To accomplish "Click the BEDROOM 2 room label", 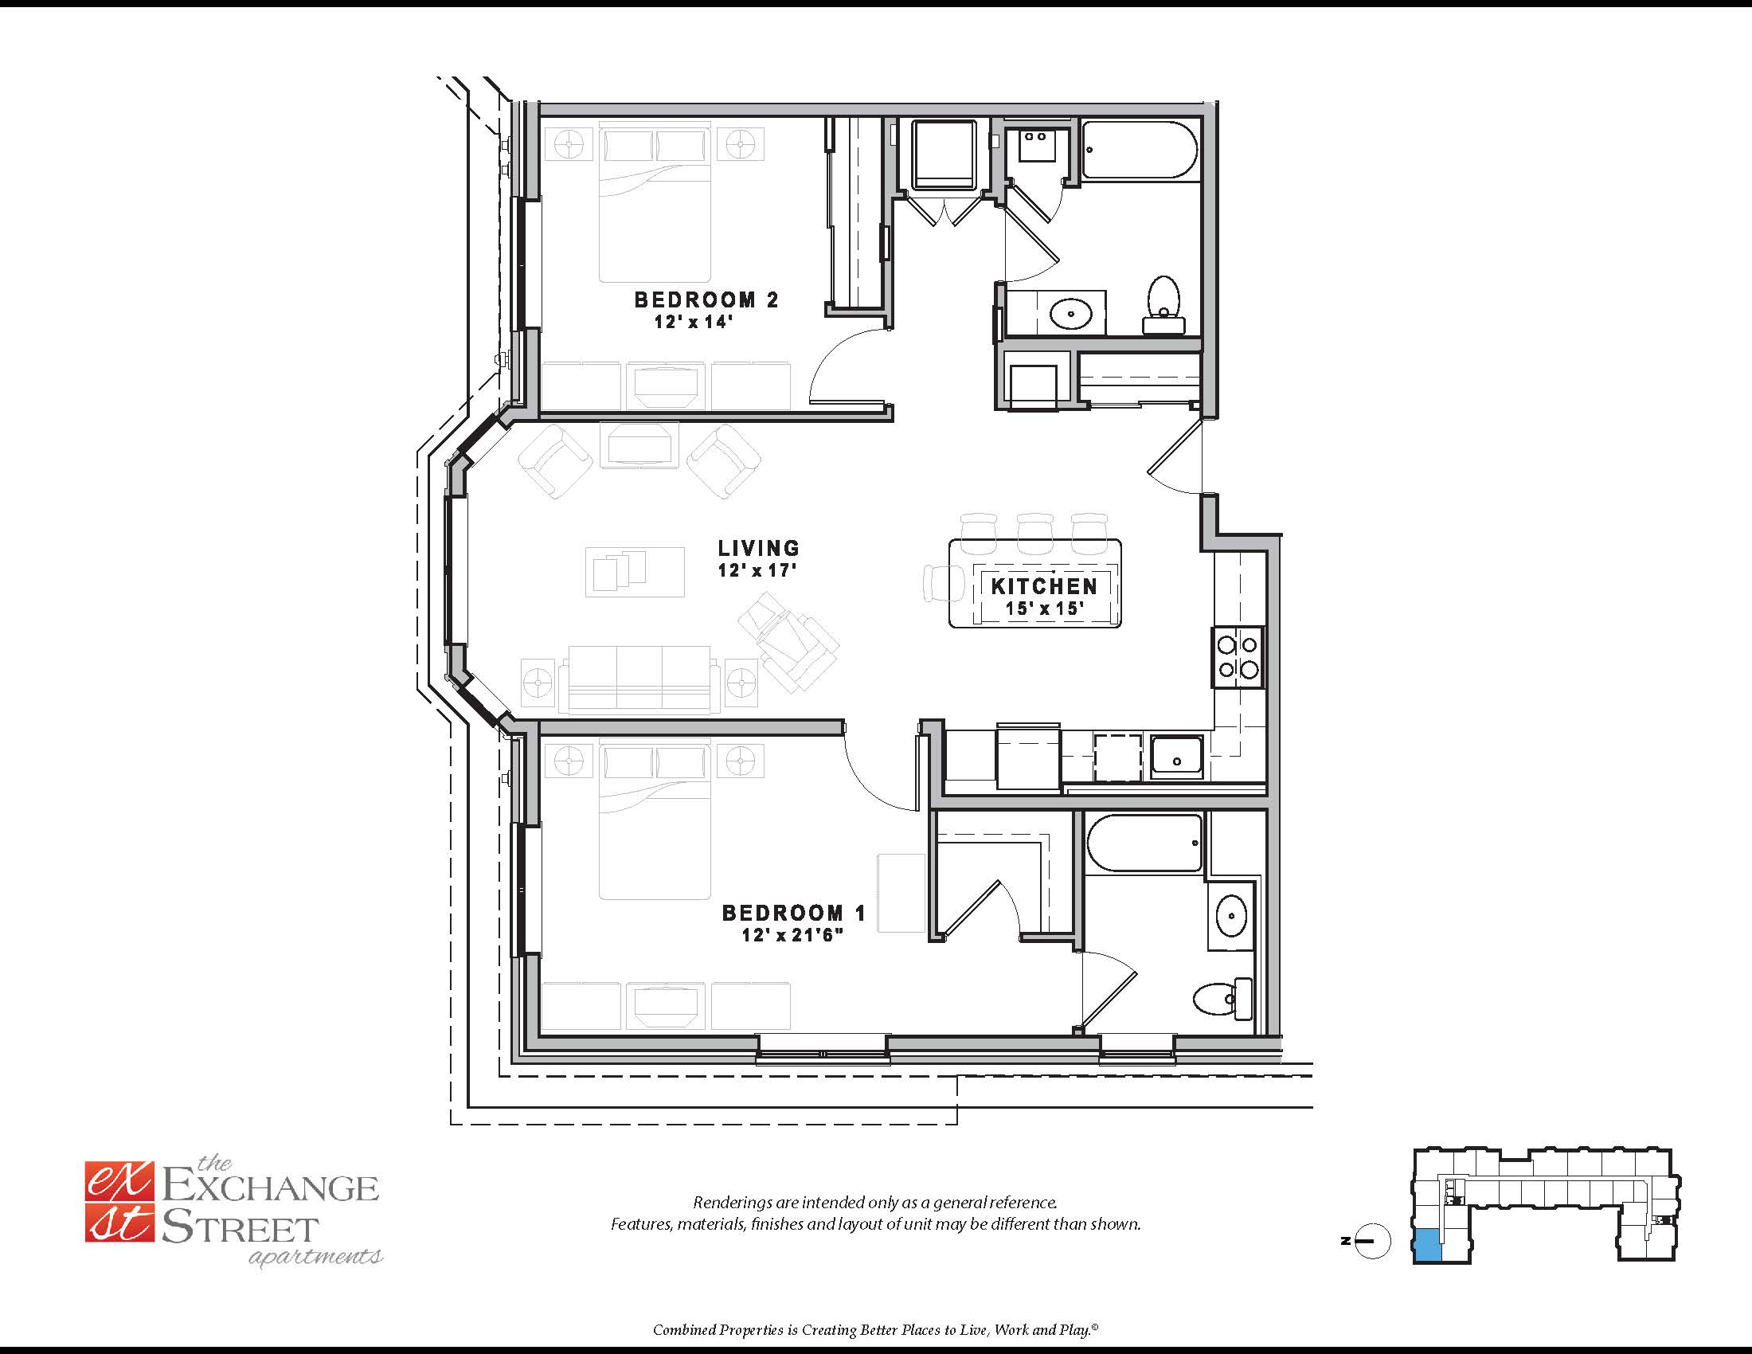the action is pyautogui.click(x=706, y=300).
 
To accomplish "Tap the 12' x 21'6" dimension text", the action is pyautogui.click(x=792, y=934).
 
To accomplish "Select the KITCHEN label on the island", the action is pyautogui.click(x=1044, y=586).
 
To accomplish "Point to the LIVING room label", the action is pyautogui.click(x=759, y=548).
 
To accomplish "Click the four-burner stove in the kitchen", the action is pyautogui.click(x=1237, y=658).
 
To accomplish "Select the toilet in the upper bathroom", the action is pyautogui.click(x=1163, y=305).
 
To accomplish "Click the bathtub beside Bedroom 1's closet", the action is pyautogui.click(x=1144, y=843).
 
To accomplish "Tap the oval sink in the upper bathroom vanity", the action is pyautogui.click(x=1070, y=313).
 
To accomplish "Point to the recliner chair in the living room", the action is pyautogui.click(x=788, y=642).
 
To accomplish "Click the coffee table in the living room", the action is pyautogui.click(x=635, y=572).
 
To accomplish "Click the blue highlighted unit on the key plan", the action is pyautogui.click(x=1427, y=1245).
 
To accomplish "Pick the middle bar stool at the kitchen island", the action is pyautogui.click(x=1034, y=533).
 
